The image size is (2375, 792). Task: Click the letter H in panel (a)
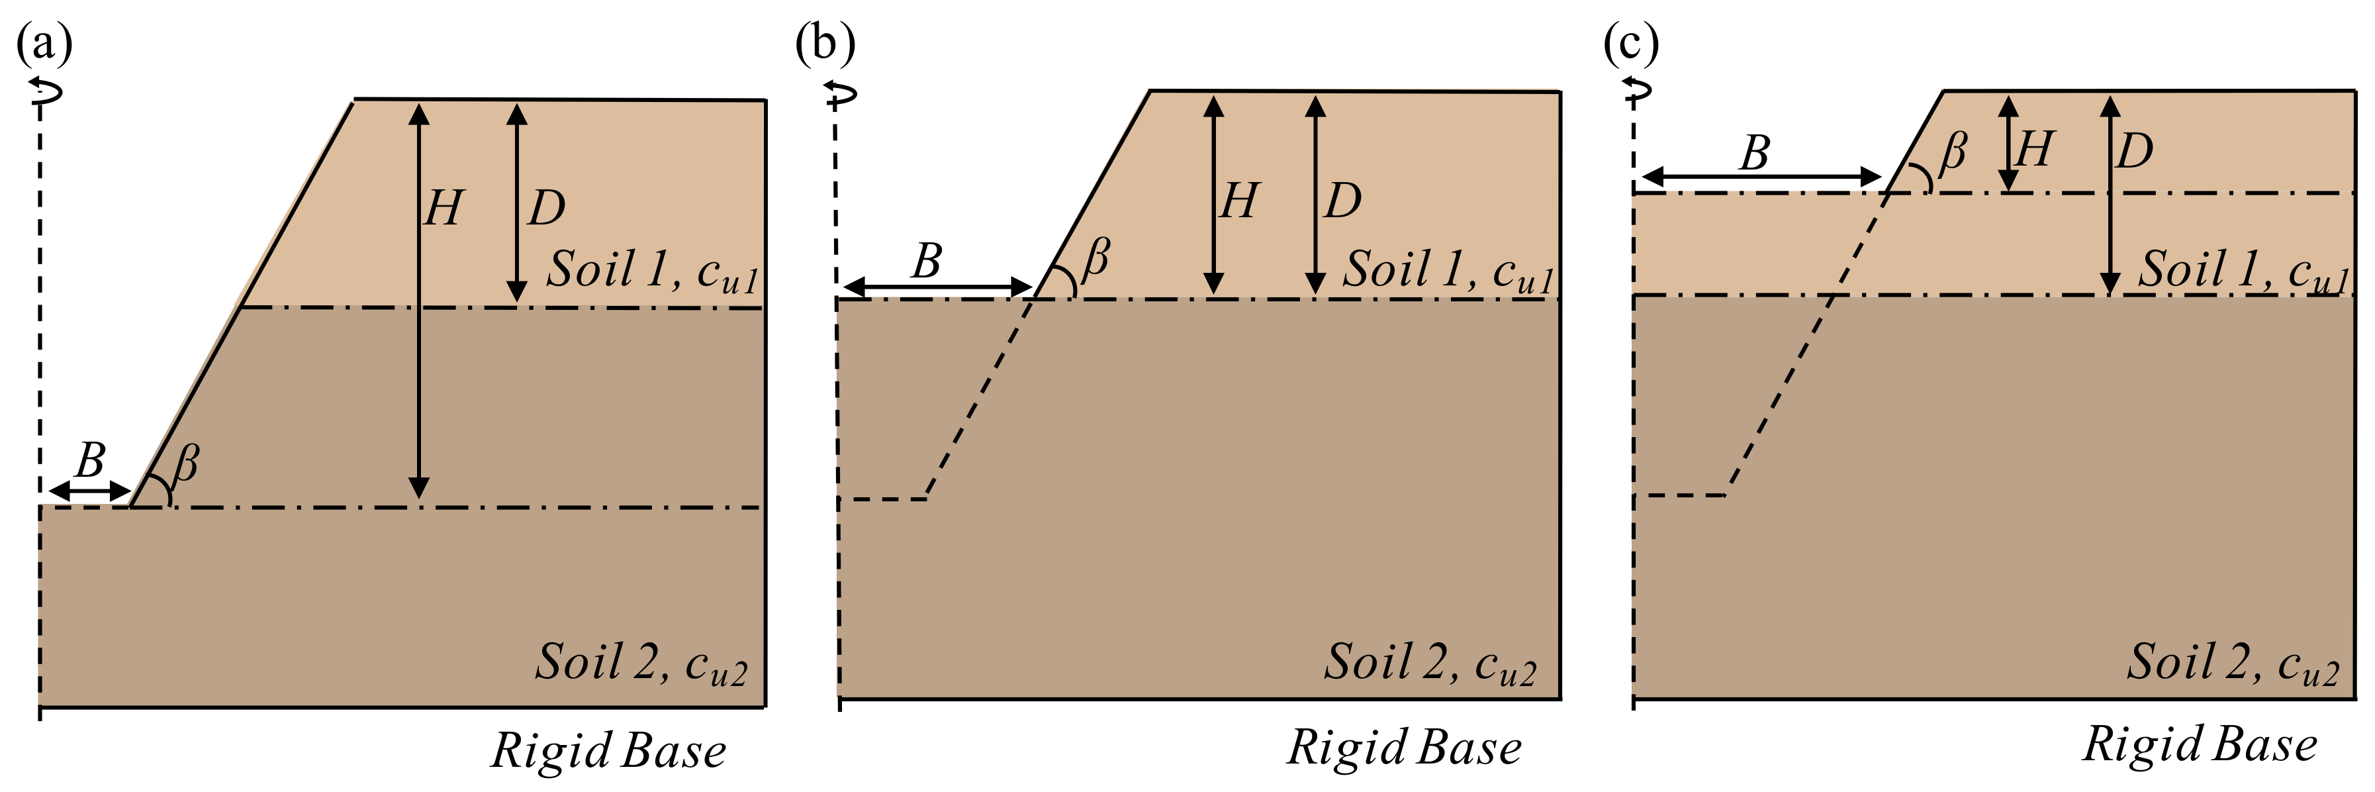click(443, 209)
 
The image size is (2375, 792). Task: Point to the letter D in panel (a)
click(546, 209)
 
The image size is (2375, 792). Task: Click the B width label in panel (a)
click(89, 459)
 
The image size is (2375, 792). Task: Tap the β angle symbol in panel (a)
click(185, 463)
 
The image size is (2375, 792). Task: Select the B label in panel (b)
click(927, 262)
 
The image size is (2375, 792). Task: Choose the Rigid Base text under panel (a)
click(608, 750)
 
